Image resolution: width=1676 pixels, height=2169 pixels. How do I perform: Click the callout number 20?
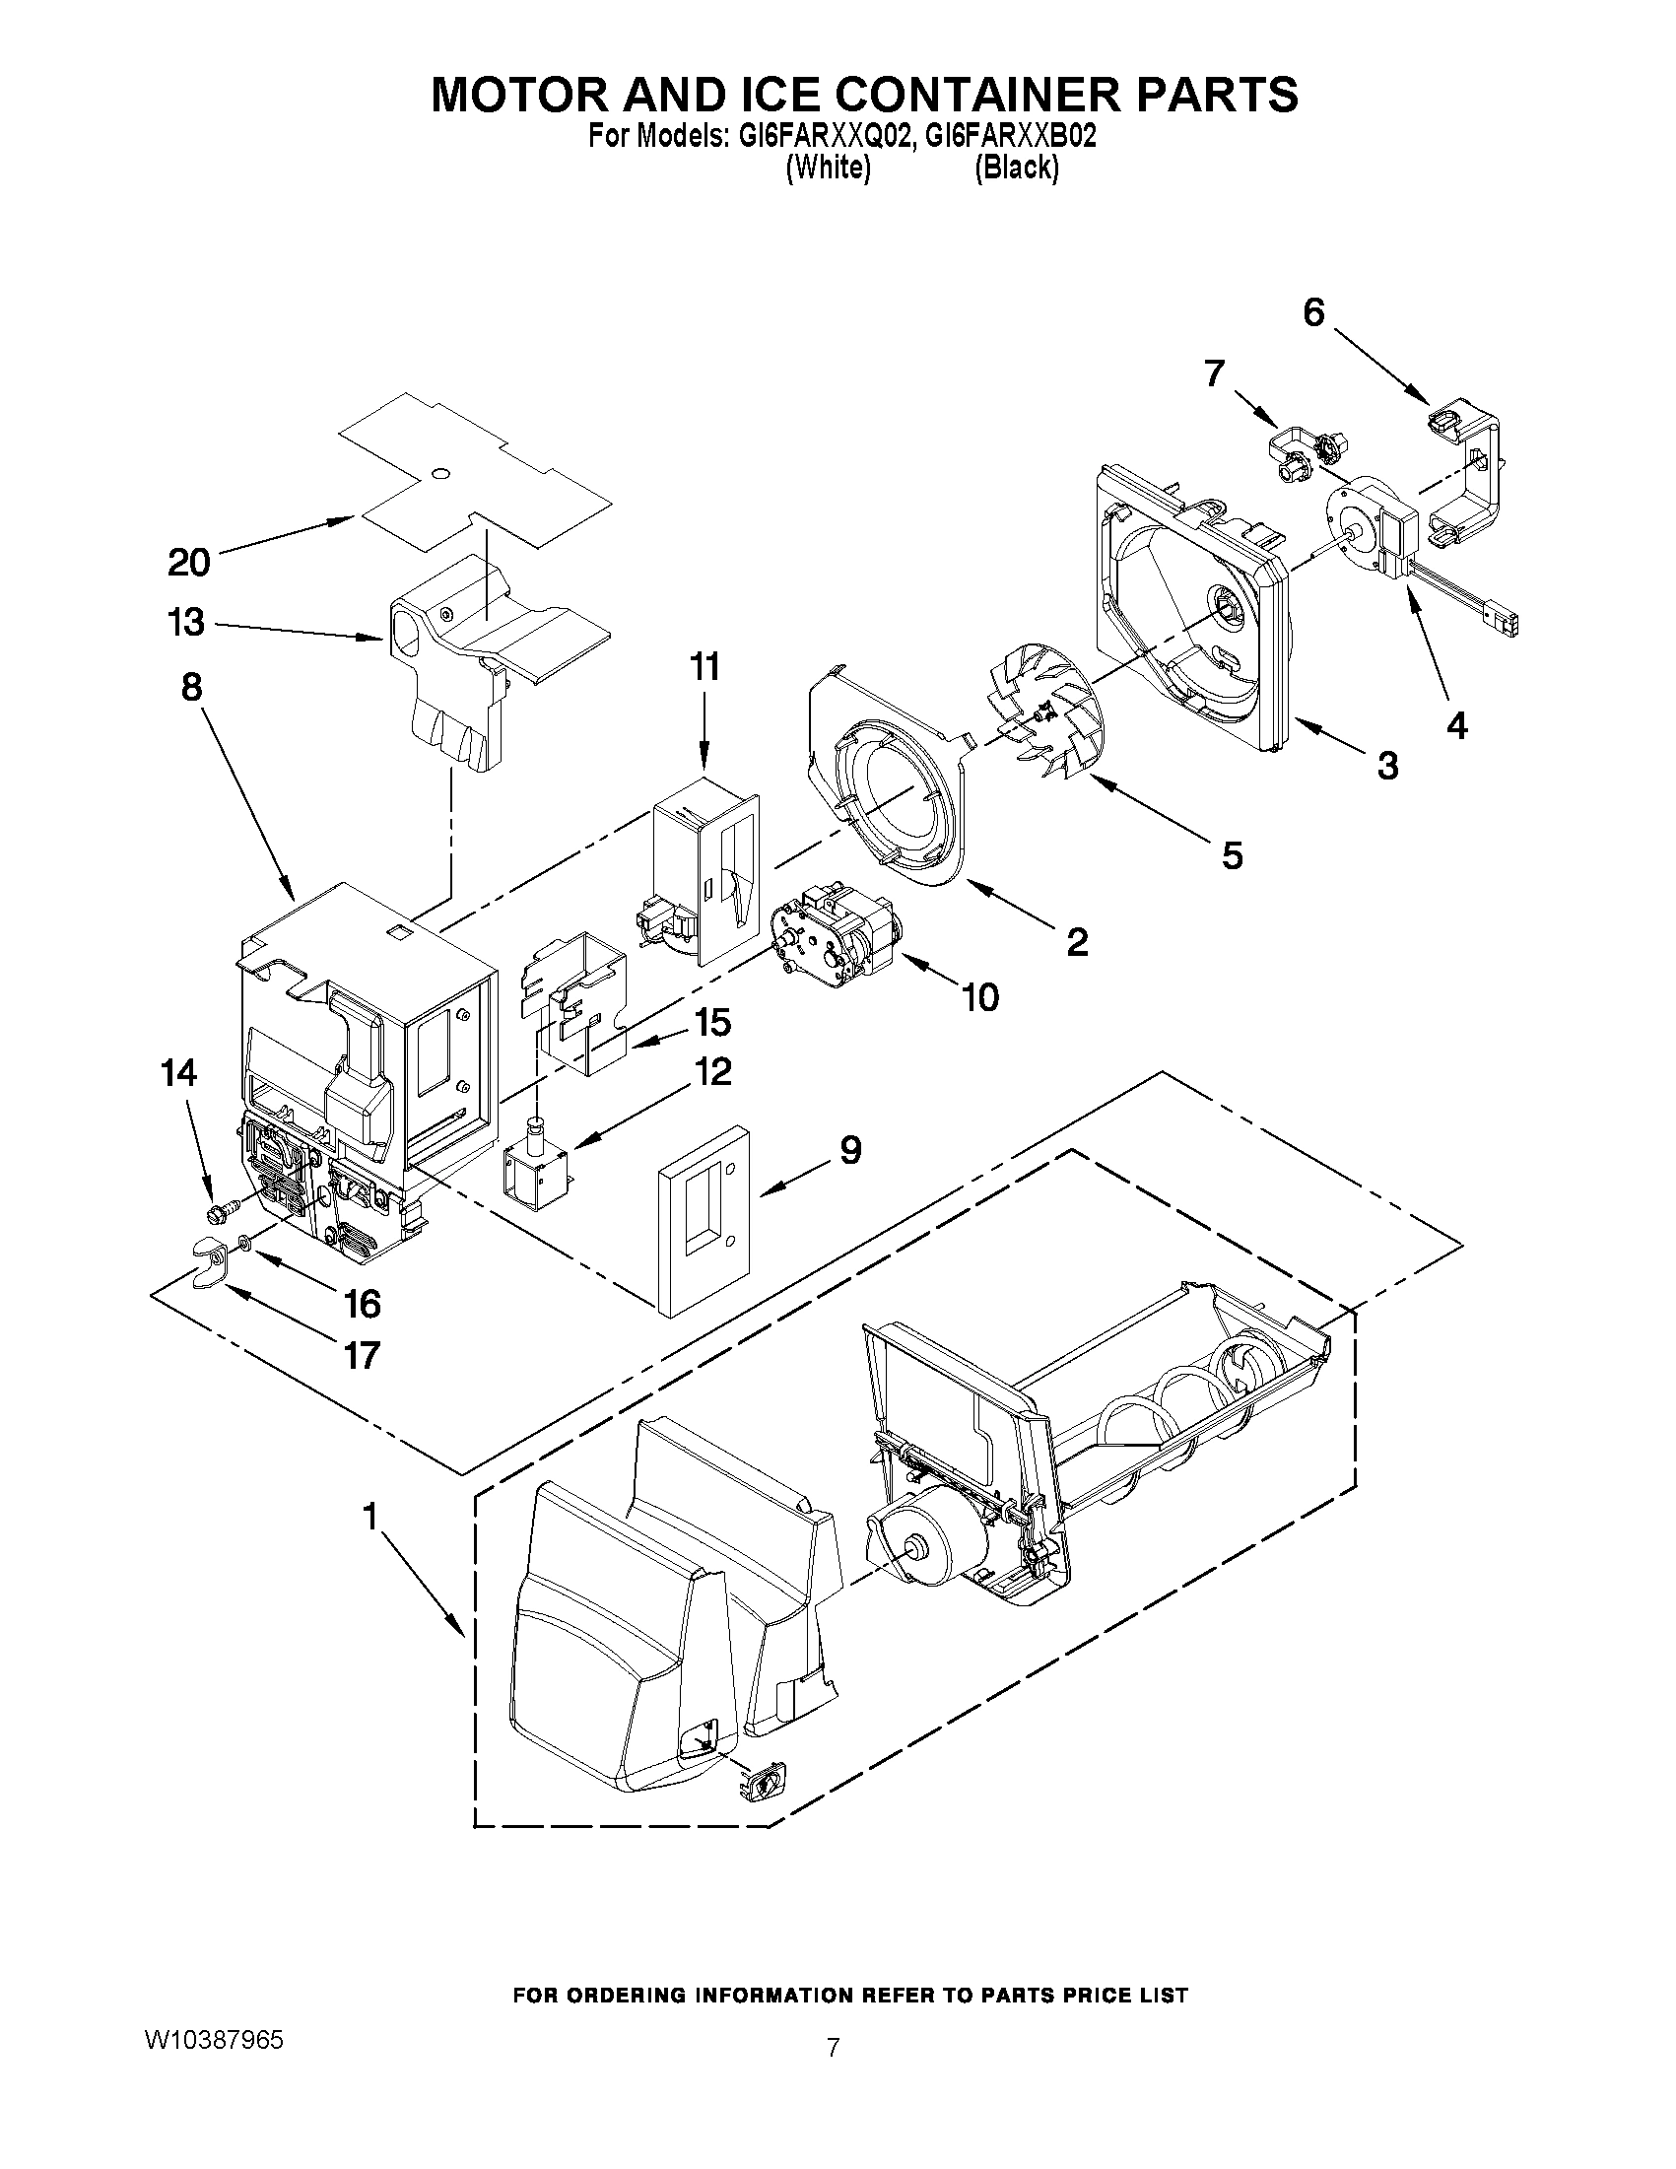188,563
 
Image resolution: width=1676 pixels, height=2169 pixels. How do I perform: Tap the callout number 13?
186,623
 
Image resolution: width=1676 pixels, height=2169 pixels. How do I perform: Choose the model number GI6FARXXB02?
1011,136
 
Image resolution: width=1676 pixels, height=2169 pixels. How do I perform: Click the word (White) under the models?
828,168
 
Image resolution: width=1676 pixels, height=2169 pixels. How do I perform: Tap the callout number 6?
1313,312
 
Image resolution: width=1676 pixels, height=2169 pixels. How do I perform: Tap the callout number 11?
704,667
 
